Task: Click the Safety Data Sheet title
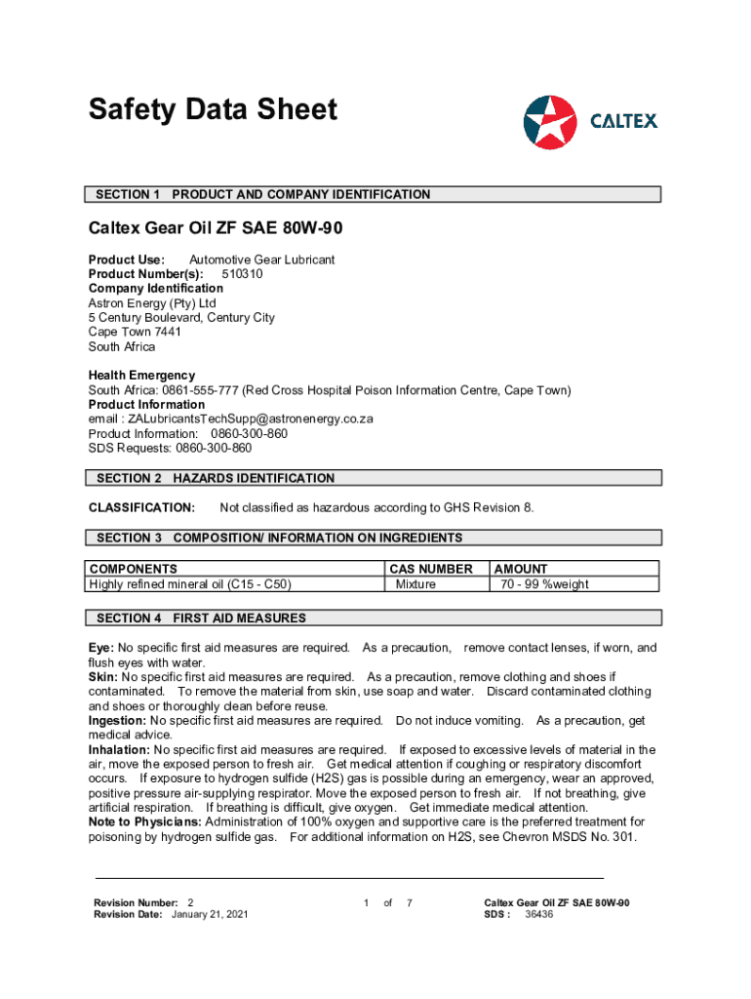click(213, 109)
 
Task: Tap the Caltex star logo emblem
click(550, 122)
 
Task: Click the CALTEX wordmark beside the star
click(624, 122)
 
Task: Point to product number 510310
click(242, 274)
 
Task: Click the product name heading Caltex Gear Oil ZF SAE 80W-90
click(216, 230)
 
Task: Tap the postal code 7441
click(168, 332)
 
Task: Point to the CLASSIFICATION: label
click(142, 507)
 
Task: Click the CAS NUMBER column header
click(431, 569)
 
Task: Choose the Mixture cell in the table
click(415, 584)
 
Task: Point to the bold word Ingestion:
click(117, 720)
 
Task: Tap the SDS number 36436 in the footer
click(539, 915)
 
